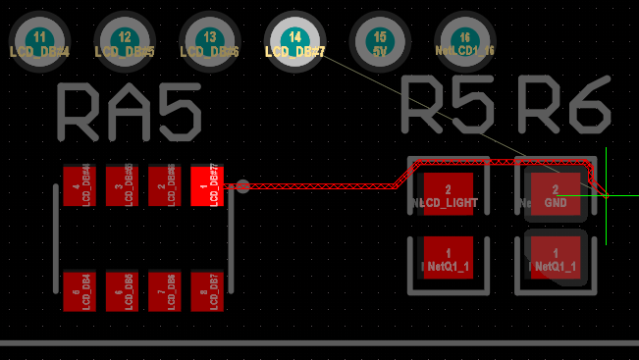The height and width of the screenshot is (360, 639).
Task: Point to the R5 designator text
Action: (x=447, y=105)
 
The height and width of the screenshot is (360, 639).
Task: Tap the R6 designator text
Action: (x=564, y=105)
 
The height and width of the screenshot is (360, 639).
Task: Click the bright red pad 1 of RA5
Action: (x=206, y=185)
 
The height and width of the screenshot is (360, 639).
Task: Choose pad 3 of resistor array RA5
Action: (x=121, y=185)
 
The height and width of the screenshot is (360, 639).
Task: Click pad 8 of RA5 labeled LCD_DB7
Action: (x=206, y=291)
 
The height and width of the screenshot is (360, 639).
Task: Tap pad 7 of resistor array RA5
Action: (x=164, y=291)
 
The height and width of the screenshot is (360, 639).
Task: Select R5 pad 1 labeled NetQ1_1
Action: (x=448, y=259)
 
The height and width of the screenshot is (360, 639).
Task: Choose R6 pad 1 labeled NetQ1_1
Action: (x=556, y=259)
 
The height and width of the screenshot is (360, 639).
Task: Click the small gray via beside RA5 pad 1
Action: (x=242, y=185)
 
